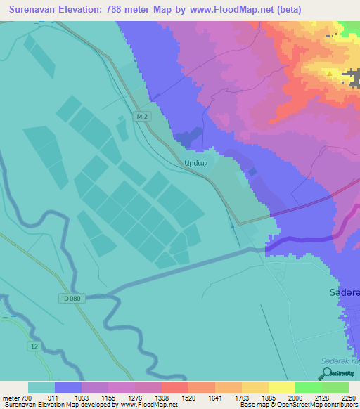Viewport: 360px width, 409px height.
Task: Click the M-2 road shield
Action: (x=141, y=116)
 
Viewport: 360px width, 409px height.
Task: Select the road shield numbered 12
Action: (x=33, y=346)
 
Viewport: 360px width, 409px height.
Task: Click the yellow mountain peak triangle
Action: (x=329, y=71)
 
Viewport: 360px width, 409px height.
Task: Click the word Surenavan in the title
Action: (x=41, y=10)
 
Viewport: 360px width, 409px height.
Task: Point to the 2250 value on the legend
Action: (x=348, y=397)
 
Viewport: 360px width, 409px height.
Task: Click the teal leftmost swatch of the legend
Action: (x=41, y=387)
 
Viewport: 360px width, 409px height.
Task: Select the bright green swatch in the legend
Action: (x=308, y=387)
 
